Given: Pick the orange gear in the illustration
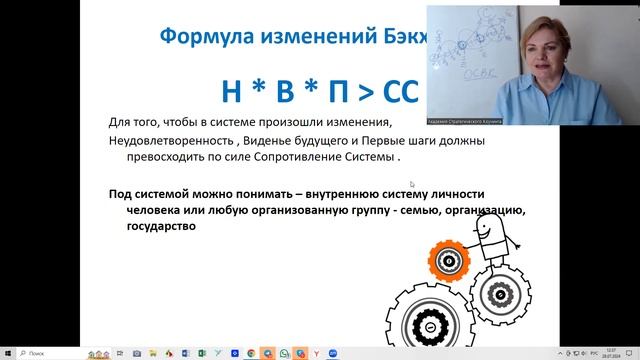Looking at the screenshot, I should [x=449, y=261].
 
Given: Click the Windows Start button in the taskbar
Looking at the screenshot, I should [x=9, y=353].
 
